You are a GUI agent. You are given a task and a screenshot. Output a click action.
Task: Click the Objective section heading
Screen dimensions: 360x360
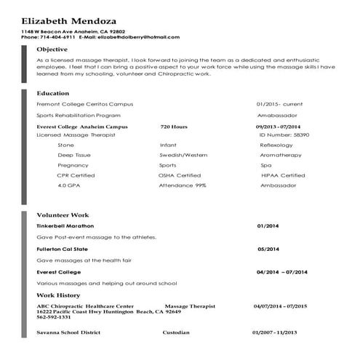pyautogui.click(x=52, y=49)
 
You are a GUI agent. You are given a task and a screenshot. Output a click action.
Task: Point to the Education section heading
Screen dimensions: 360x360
pyautogui.click(x=53, y=93)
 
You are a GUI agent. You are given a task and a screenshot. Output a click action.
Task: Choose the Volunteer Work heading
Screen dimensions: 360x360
pyautogui.click(x=63, y=215)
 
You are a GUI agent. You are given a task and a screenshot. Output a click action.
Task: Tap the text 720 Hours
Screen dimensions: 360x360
pyautogui.click(x=174, y=127)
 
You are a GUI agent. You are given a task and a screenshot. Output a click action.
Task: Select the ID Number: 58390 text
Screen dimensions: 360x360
pyautogui.click(x=283, y=135)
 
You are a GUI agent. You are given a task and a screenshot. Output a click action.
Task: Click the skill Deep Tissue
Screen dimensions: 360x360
pyautogui.click(x=74, y=155)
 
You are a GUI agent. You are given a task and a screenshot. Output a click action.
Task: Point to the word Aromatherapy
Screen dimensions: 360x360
pyautogui.click(x=281, y=155)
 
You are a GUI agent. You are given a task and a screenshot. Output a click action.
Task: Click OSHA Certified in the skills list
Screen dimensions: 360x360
pyautogui.click(x=180, y=175)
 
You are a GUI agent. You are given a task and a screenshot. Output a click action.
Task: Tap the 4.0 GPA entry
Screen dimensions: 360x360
pyautogui.click(x=69, y=185)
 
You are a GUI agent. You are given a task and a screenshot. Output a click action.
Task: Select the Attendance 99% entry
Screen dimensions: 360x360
pyautogui.click(x=183, y=185)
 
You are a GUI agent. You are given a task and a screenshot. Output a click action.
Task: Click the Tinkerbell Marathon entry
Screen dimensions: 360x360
pyautogui.click(x=65, y=226)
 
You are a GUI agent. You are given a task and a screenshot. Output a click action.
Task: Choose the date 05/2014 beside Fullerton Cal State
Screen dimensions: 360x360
pyautogui.click(x=268, y=249)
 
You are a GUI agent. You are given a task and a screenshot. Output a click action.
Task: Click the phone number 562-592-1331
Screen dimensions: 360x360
pyautogui.click(x=55, y=316)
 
